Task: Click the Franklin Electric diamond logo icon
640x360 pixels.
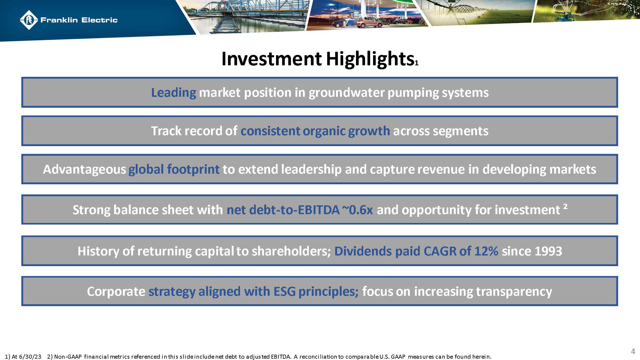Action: pyautogui.click(x=29, y=20)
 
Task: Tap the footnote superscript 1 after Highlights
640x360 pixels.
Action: pyautogui.click(x=417, y=63)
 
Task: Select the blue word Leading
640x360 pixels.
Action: pyautogui.click(x=174, y=93)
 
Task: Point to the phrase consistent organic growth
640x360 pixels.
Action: pyautogui.click(x=315, y=131)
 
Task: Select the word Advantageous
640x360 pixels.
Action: pyautogui.click(x=84, y=169)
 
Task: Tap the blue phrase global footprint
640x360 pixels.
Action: pyautogui.click(x=174, y=169)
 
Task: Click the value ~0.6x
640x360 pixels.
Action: pyautogui.click(x=358, y=210)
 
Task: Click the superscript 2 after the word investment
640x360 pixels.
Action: pyautogui.click(x=565, y=206)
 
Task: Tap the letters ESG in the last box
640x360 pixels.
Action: pyautogui.click(x=284, y=291)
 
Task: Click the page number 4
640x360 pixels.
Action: pyautogui.click(x=633, y=351)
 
